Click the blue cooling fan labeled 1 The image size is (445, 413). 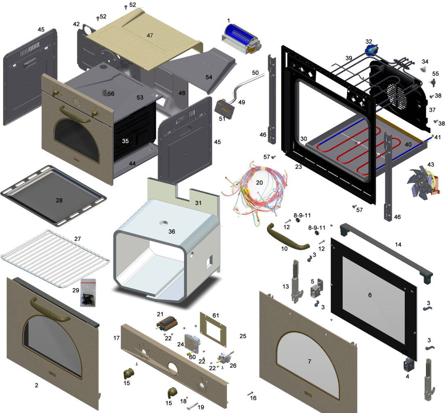241,39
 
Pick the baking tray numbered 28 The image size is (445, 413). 53,195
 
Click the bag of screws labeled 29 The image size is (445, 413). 88,292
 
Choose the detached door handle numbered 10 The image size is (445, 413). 287,237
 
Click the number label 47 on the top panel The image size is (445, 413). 150,36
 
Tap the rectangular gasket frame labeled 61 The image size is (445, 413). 214,330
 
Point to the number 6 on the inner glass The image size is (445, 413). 370,295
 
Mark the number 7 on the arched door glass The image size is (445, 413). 309,361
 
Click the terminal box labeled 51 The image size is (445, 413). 225,109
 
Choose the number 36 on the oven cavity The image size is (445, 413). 172,232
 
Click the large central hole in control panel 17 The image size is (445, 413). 173,368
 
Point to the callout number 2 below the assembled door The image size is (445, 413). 36,385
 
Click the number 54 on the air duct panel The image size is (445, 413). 209,77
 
